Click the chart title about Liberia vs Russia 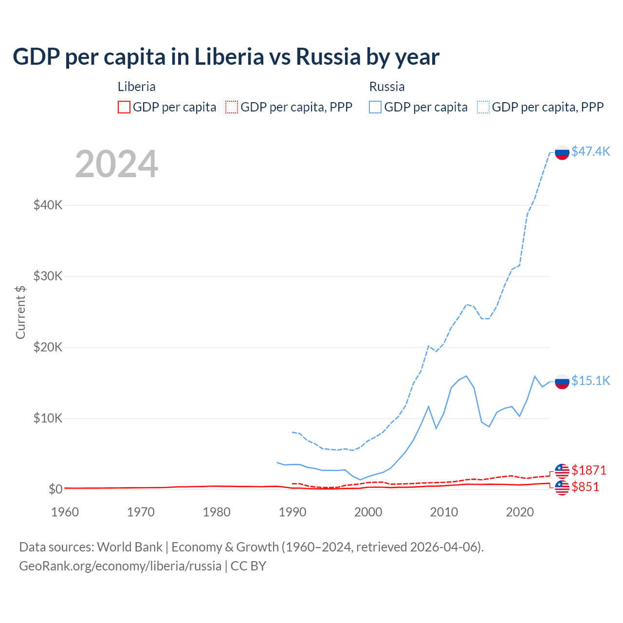226,57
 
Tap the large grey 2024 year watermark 116,164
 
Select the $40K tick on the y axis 48,205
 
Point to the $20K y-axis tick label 48,347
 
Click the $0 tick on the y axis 55,489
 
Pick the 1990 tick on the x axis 293,512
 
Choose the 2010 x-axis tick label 444,512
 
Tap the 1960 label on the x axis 65,512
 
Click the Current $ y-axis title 20,312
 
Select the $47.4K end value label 590,151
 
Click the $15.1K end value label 590,381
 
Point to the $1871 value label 588,470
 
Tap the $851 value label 586,487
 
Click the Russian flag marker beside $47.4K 562,152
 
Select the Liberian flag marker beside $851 562,488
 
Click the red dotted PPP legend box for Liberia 232,107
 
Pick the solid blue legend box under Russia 375,107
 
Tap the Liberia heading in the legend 137,87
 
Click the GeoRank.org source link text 120,566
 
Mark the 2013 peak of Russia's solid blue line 466,376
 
